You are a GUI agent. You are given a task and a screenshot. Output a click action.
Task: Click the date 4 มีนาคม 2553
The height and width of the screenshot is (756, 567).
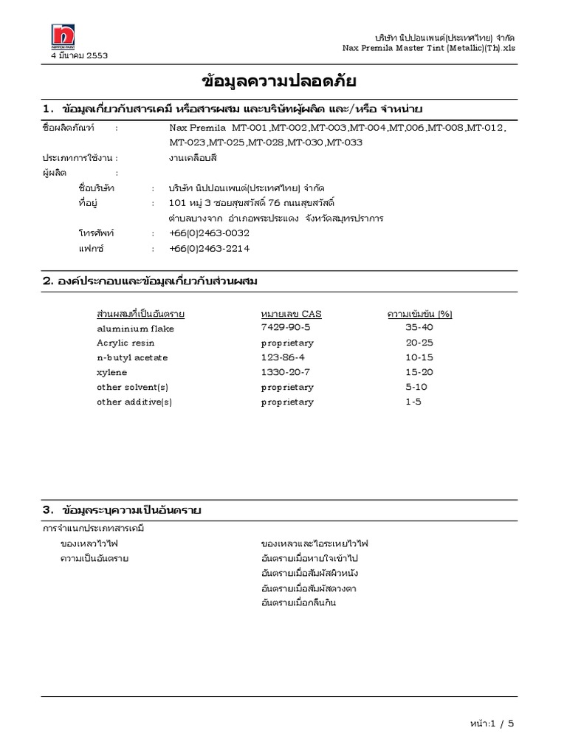(x=79, y=55)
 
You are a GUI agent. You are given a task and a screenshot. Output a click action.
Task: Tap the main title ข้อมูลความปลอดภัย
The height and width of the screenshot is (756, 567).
(x=283, y=81)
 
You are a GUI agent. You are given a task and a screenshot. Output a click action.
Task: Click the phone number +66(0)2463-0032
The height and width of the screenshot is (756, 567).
(x=209, y=233)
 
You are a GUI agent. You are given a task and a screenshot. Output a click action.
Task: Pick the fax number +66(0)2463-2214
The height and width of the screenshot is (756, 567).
(x=209, y=249)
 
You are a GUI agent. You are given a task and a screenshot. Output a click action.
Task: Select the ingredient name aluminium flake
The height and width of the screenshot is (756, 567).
(x=135, y=328)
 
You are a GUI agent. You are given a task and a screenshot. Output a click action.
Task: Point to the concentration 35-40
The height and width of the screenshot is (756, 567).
(x=419, y=327)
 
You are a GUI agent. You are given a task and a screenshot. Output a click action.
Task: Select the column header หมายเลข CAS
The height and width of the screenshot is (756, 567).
(x=291, y=314)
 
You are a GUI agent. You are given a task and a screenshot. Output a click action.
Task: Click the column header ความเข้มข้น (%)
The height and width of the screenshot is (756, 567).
(x=419, y=314)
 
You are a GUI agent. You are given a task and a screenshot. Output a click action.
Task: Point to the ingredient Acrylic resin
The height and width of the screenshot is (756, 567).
(x=126, y=343)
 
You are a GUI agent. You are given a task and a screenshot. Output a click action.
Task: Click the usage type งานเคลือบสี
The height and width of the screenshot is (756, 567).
(x=193, y=157)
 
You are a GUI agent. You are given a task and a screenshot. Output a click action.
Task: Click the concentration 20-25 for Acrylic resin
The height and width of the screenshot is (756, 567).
(x=419, y=343)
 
